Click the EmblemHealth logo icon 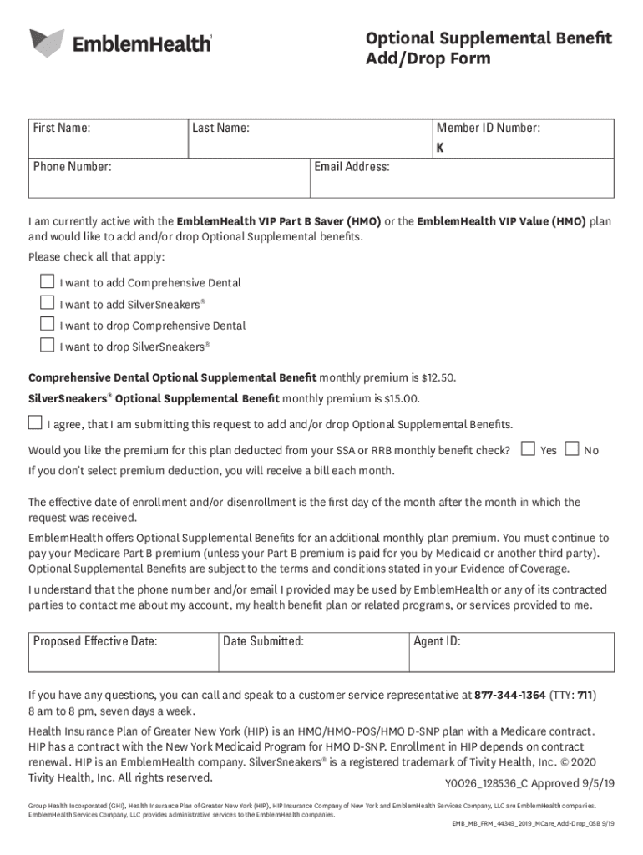(47, 42)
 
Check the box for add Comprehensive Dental (48, 281)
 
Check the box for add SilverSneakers (48, 303)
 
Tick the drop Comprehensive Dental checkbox (48, 324)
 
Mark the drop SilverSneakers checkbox (48, 345)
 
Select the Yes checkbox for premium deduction (528, 448)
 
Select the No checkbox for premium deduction (572, 448)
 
